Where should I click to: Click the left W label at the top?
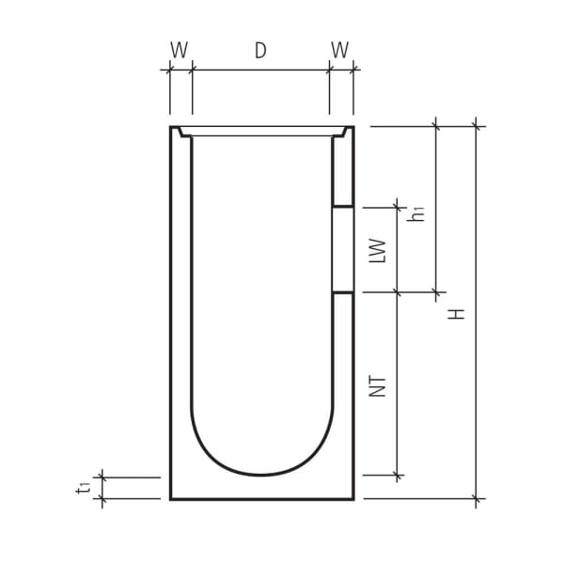coord(179,51)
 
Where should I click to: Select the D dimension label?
coord(260,51)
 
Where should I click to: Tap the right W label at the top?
coord(341,51)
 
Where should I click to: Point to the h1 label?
coord(420,212)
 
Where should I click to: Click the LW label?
coord(378,250)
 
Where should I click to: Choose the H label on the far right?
coord(458,312)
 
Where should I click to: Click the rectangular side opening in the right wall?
coord(344,249)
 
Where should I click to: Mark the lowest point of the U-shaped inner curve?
coord(261,475)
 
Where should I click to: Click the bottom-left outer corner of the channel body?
coord(171,499)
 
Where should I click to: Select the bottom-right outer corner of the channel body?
coord(353,499)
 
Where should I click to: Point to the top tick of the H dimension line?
coord(477,125)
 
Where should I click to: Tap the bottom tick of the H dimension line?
coord(477,498)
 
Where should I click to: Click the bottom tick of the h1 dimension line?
coord(436,292)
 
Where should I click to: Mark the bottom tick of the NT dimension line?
coord(398,476)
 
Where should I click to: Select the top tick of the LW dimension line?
coord(398,206)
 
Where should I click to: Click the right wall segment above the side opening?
coord(344,169)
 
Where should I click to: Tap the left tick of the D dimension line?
coord(192,70)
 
